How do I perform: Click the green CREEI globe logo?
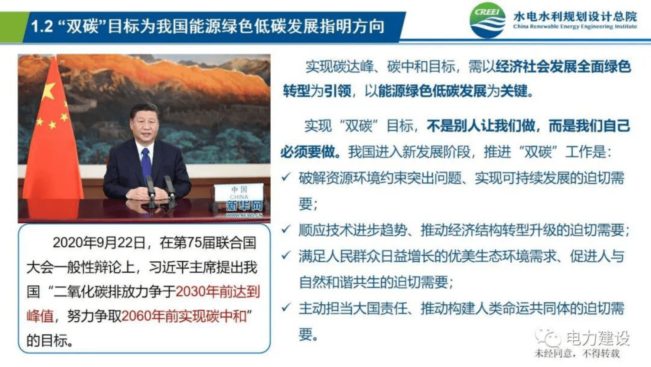(487, 21)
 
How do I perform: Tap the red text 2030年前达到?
(218, 291)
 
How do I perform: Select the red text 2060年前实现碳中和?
(184, 316)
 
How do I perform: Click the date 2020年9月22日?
(99, 243)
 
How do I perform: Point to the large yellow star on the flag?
(49, 91)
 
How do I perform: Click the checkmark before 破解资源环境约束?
(286, 177)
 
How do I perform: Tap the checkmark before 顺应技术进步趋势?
(286, 229)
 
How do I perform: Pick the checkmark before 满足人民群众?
(286, 255)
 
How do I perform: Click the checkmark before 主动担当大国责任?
(286, 307)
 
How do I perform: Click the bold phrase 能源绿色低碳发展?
(432, 91)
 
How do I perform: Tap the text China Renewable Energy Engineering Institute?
(575, 27)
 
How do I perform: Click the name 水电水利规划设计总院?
(575, 16)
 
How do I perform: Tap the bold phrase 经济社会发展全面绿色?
(563, 67)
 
